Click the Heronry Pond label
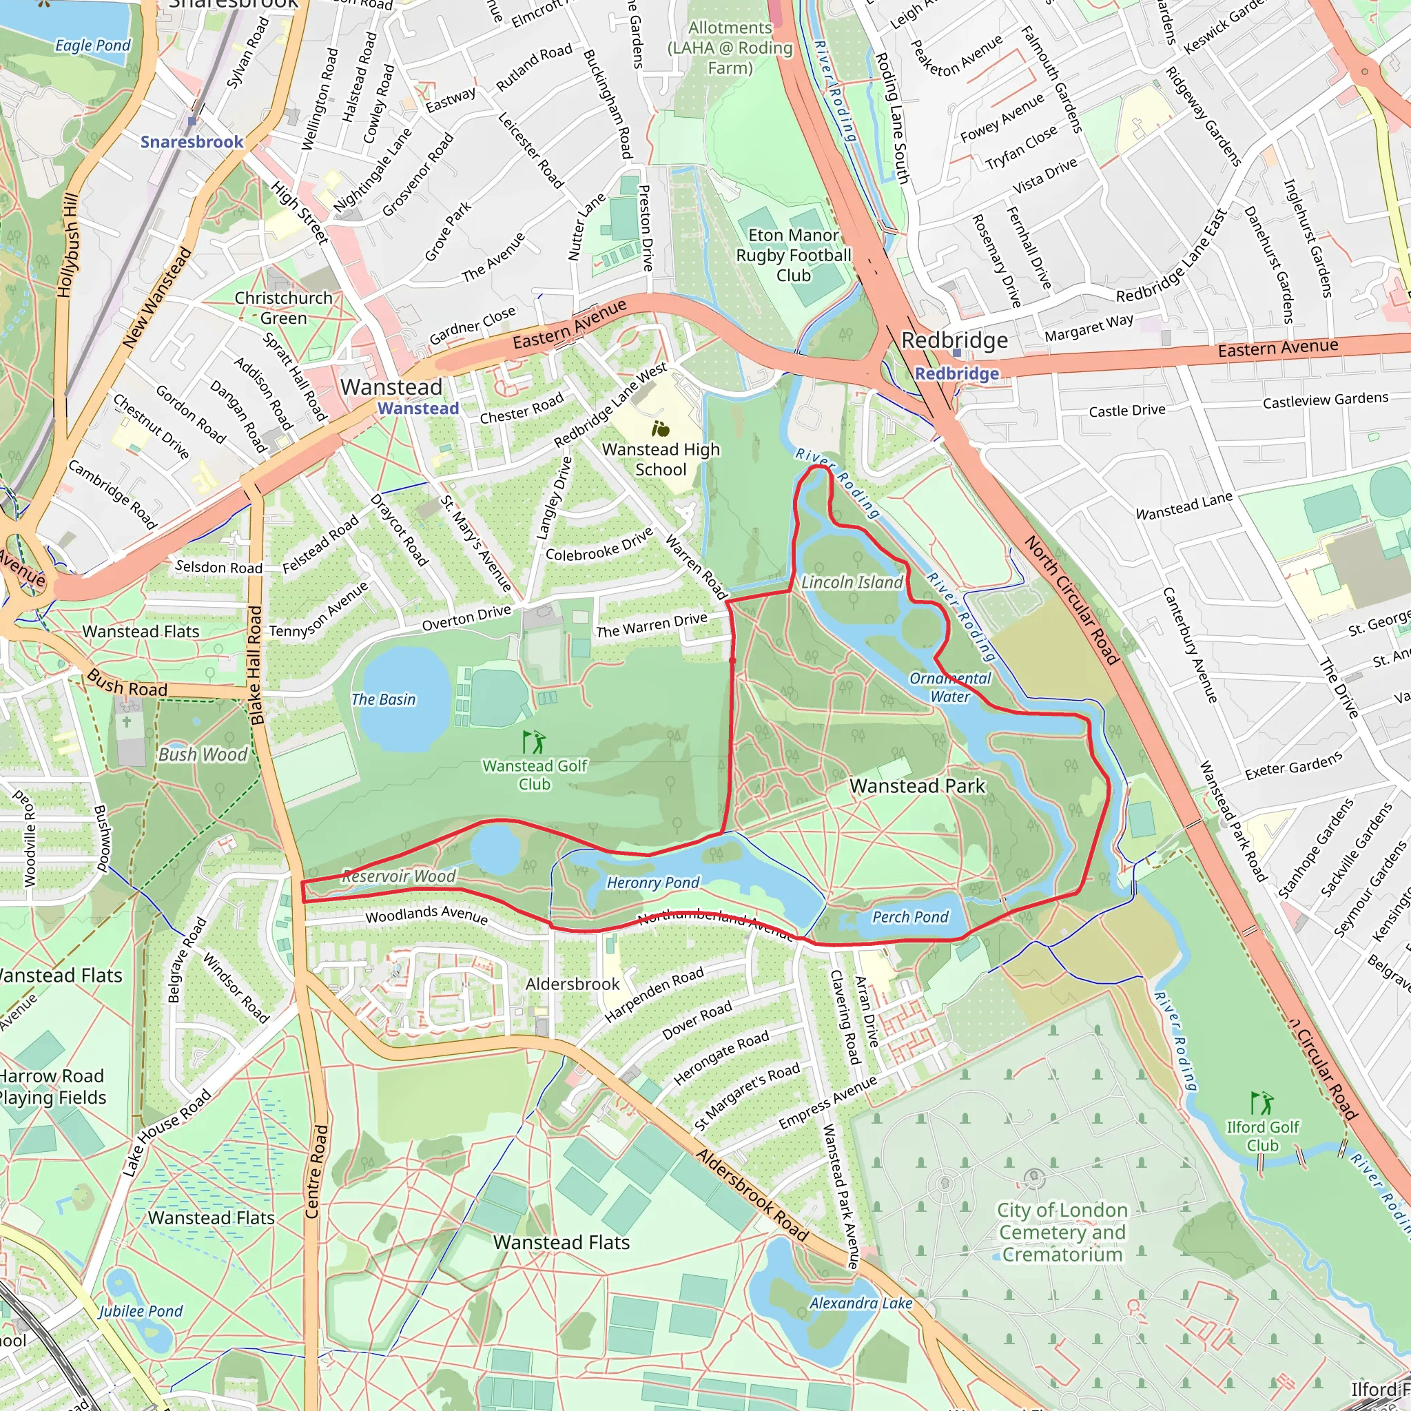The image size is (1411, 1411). (x=652, y=883)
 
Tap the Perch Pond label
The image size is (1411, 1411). (x=910, y=916)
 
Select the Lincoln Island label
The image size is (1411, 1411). (x=852, y=582)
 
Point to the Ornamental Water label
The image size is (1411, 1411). (x=949, y=687)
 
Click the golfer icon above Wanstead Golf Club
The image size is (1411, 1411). (x=534, y=742)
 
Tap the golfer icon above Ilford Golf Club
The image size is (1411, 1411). (x=1262, y=1104)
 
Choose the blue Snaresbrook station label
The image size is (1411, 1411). (x=192, y=142)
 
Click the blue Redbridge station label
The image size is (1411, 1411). (x=956, y=373)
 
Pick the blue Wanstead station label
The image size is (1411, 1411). (x=418, y=409)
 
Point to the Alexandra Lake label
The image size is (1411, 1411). (x=861, y=1303)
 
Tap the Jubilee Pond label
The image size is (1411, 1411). (x=141, y=1311)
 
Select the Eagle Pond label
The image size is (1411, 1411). (x=93, y=45)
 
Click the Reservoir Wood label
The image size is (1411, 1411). (x=399, y=876)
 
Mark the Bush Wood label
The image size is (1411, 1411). (x=203, y=754)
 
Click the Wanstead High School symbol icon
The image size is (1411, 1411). (x=660, y=429)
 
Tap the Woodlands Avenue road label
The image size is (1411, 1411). (x=426, y=914)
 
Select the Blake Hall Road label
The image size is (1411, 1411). (x=256, y=665)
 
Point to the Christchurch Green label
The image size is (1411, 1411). (x=283, y=307)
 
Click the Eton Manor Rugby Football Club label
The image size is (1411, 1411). (x=793, y=255)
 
